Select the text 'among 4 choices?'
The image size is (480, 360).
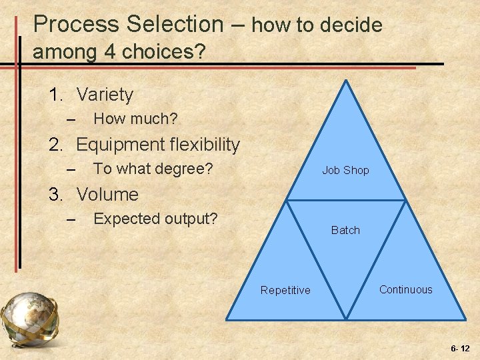point(119,52)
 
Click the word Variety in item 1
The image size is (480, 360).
point(105,95)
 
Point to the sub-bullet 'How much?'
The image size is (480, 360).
point(135,119)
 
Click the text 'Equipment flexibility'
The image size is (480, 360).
point(158,145)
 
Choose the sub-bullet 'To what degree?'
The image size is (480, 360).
point(153,169)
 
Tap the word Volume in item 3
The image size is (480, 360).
point(107,195)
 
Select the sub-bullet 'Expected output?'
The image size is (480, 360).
point(155,219)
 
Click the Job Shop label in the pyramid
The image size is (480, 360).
point(345,171)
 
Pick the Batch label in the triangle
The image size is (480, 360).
point(345,231)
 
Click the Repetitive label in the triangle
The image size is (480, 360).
point(285,291)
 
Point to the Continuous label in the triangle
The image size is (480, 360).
point(405,290)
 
